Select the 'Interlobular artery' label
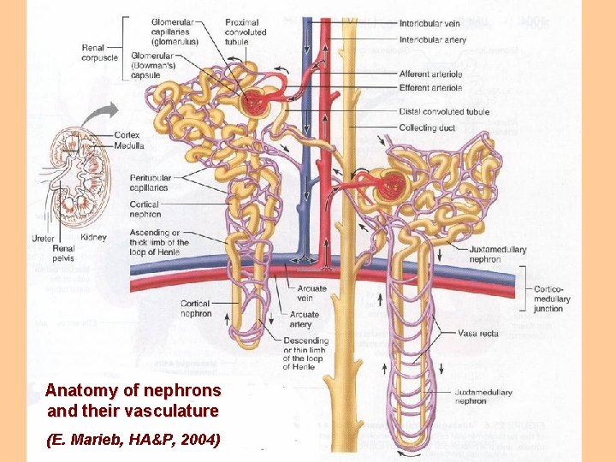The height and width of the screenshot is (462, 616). (x=434, y=39)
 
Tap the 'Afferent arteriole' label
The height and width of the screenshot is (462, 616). (x=431, y=74)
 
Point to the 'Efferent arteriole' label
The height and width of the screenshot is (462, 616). (x=431, y=87)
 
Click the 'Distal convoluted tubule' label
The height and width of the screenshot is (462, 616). (x=444, y=112)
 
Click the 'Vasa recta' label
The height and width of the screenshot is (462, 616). (x=477, y=334)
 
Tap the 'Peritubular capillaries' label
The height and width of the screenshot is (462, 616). (x=149, y=182)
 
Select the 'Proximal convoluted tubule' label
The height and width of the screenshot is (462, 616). (x=246, y=32)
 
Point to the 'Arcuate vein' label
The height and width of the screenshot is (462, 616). (x=312, y=293)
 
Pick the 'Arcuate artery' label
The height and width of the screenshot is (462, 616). (x=305, y=319)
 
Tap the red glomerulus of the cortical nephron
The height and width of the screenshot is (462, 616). (x=256, y=104)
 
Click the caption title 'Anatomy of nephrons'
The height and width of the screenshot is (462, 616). (x=133, y=390)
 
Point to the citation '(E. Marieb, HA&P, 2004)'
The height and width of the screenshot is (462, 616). (x=133, y=440)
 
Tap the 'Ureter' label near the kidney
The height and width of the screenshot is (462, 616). (x=43, y=238)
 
